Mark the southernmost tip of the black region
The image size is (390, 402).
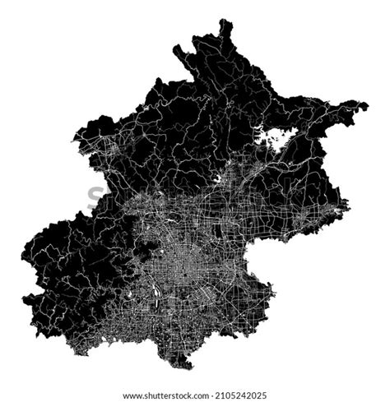pos(191,367)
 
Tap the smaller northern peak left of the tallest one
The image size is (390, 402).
pos(176,49)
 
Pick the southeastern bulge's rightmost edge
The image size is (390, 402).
pos(273,293)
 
